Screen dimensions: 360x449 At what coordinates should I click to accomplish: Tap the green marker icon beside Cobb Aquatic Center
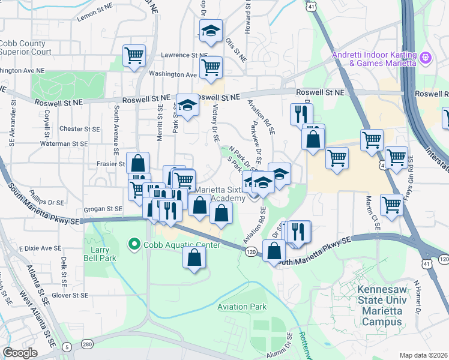[x=134, y=245]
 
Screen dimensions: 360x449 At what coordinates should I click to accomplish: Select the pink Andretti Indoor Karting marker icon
[x=426, y=58]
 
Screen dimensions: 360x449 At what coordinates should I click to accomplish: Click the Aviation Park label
[x=241, y=307]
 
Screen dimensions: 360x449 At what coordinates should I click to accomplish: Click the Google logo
[x=20, y=352]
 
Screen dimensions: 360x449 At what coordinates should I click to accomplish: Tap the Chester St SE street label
[x=79, y=129]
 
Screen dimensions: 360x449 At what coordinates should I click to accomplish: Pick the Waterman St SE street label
[x=65, y=144]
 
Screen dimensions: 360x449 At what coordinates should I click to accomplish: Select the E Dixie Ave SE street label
[x=40, y=248]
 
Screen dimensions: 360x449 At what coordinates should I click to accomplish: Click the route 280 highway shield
[x=88, y=344]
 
